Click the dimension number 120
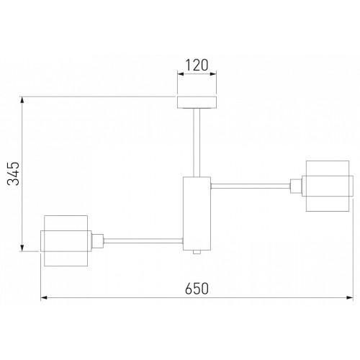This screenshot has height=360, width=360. pos(197,65)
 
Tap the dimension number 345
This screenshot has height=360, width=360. pos(13,174)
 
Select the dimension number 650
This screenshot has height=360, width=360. pos(197,289)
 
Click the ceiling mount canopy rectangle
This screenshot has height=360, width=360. pos(197,102)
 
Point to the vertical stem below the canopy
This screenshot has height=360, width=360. pos(197,143)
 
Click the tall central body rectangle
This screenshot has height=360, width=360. pos(197,214)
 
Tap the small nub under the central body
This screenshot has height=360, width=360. pos(197,252)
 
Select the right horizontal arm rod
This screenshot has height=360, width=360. pos(251,186)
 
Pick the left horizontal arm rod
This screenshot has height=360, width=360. pos(143,241)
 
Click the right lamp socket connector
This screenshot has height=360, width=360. pos(296,186)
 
